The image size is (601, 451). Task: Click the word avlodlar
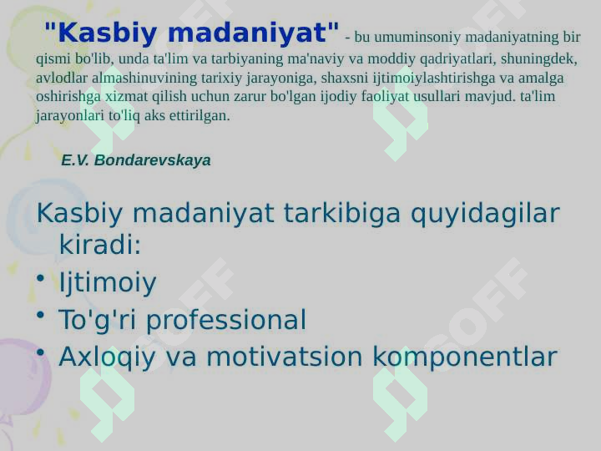[x=61, y=78]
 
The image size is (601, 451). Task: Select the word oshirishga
[x=68, y=96]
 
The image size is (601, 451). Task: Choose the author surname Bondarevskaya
[x=152, y=160]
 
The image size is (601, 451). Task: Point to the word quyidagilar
[x=485, y=213]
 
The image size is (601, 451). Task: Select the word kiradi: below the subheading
[x=100, y=244]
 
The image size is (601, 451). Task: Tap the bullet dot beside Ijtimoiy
[x=41, y=279]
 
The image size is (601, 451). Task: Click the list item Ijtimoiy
[x=108, y=282]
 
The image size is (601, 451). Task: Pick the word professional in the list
[x=226, y=320]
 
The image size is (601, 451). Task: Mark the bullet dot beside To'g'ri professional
[x=41, y=316]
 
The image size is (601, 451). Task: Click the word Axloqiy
[x=108, y=357]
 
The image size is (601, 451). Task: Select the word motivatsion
[x=285, y=357]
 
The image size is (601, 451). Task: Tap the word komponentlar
[x=465, y=357]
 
